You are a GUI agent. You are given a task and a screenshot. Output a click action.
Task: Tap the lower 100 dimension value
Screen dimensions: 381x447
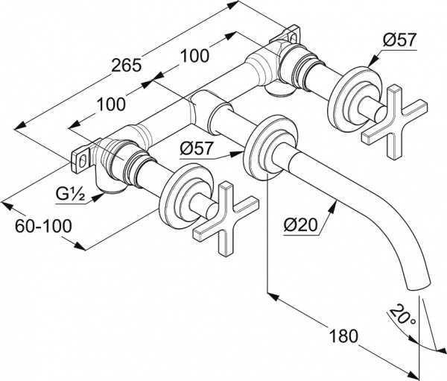click(x=110, y=104)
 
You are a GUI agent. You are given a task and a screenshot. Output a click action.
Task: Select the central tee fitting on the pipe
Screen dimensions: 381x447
click(x=203, y=108)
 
